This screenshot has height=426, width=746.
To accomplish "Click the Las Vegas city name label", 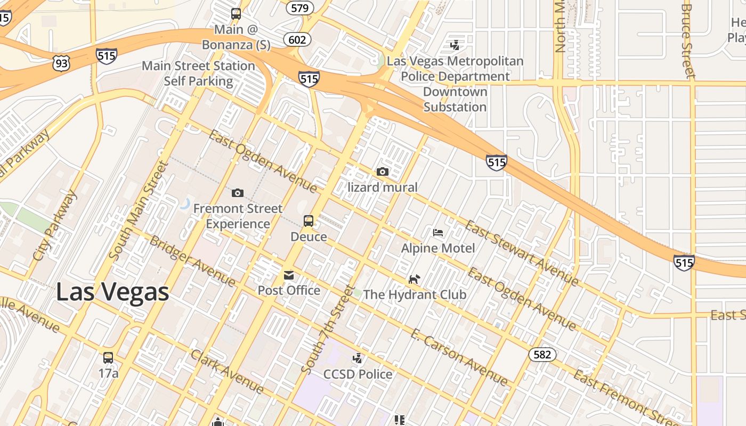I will click(x=112, y=292).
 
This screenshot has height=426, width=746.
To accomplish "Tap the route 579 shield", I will click(x=299, y=7).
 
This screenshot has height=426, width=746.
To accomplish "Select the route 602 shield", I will click(x=297, y=39).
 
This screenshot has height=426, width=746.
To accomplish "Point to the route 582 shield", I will click(x=542, y=355).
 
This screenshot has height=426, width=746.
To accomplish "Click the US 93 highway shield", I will click(x=61, y=64).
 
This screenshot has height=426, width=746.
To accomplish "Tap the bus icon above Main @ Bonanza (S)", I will click(x=236, y=14).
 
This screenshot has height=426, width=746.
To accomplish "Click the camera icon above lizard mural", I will click(x=382, y=171).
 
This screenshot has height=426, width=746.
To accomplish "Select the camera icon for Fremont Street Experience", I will click(x=238, y=193).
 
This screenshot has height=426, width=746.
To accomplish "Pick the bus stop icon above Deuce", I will click(x=308, y=221).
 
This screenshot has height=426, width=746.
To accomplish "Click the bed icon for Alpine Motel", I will click(x=438, y=233).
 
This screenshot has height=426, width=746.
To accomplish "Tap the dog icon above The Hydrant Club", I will click(x=414, y=279).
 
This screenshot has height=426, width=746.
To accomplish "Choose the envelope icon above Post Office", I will click(x=289, y=275).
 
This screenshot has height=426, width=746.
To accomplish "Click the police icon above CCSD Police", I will click(x=358, y=358).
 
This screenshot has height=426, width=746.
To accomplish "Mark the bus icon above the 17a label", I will click(x=108, y=357).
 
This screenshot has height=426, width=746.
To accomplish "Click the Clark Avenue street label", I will click(x=227, y=372).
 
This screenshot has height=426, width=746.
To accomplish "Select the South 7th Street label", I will click(x=327, y=330).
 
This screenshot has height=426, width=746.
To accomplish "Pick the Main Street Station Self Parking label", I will click(x=198, y=73).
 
